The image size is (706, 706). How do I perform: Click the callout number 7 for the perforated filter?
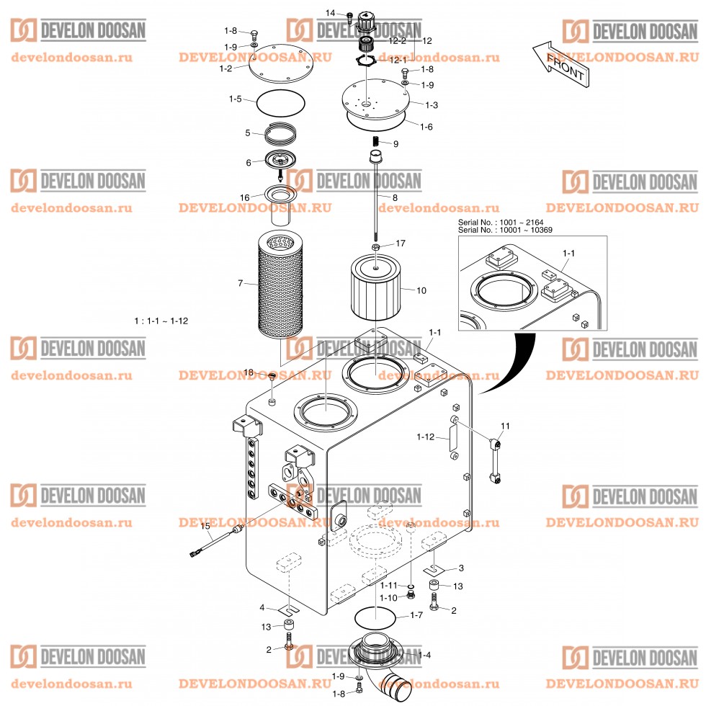tap(241, 284)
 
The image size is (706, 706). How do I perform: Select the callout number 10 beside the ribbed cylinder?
tap(421, 290)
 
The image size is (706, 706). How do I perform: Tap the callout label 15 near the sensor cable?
tap(205, 527)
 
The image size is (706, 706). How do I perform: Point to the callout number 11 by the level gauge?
tap(505, 426)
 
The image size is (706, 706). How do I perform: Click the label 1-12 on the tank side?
tap(426, 437)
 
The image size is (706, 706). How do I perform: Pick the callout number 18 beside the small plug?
tap(249, 372)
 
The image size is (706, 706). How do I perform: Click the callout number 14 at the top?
tap(331, 13)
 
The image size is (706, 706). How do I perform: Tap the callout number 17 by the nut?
tap(400, 243)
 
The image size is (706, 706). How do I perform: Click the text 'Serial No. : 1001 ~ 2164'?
tap(507, 223)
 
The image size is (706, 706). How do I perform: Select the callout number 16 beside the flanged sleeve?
tap(245, 197)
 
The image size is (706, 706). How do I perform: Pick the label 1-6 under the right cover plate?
tap(426, 127)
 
